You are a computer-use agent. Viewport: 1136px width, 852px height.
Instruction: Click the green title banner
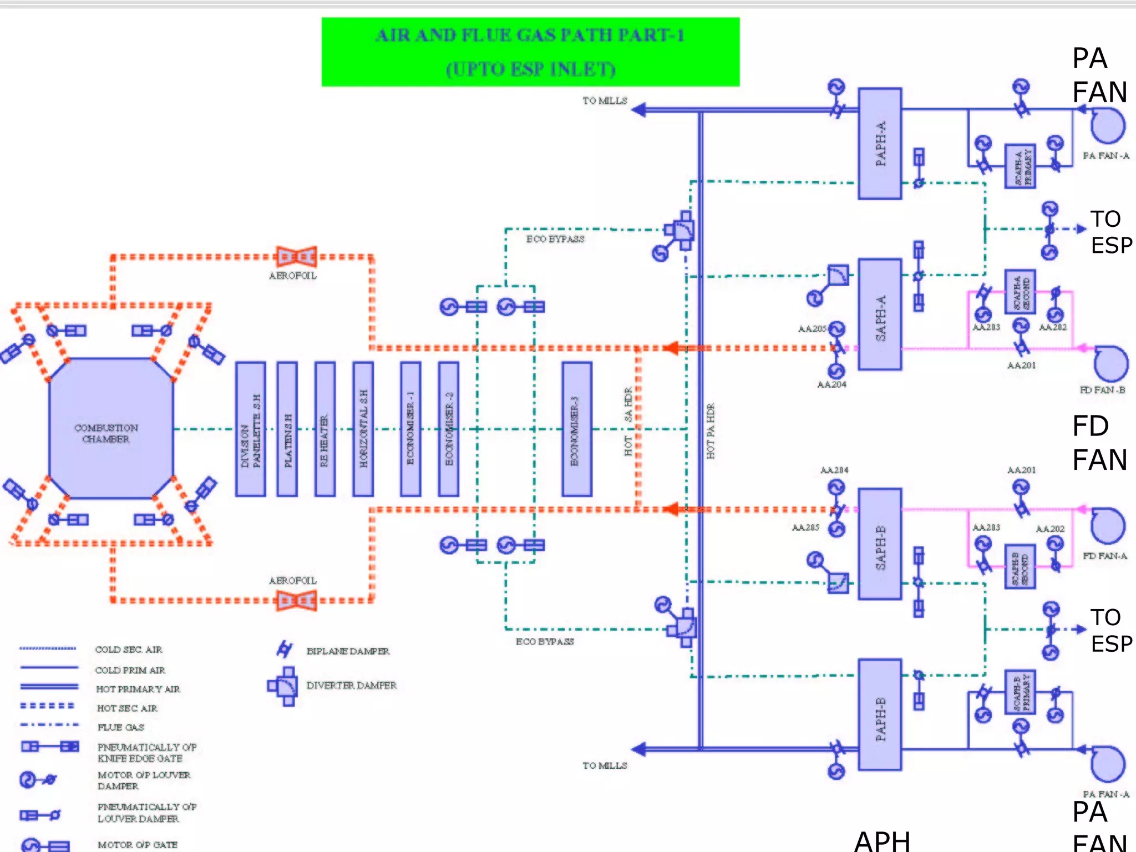coord(530,52)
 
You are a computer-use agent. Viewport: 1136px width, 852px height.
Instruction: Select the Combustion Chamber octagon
coord(111,428)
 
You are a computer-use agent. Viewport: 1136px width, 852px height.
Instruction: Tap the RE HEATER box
coord(324,429)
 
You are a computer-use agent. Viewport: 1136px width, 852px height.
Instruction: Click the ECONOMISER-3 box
coord(576,429)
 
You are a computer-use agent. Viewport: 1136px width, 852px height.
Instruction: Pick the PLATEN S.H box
coord(287,429)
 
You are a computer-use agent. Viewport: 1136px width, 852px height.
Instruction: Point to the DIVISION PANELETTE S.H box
coord(250,429)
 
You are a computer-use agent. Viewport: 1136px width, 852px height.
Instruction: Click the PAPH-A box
coord(880,144)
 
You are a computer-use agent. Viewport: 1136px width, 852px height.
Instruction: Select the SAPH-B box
coord(880,544)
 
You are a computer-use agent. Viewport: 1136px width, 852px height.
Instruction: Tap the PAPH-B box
coord(880,714)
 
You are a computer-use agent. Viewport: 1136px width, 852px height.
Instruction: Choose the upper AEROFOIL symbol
coord(297,257)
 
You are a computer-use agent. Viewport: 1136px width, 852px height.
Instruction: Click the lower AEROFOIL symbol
coord(297,600)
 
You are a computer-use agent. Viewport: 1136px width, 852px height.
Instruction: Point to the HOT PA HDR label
coord(711,431)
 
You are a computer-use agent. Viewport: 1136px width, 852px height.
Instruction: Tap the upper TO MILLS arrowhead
coord(639,110)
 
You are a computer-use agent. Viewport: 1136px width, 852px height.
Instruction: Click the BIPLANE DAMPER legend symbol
coord(285,649)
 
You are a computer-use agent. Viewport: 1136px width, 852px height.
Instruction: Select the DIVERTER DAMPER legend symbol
coord(283,686)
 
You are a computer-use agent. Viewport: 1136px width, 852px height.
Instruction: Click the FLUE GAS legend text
coord(120,727)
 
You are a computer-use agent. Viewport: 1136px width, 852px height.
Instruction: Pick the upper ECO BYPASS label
coord(555,239)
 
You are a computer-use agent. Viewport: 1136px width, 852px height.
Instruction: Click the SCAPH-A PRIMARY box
coord(1020,166)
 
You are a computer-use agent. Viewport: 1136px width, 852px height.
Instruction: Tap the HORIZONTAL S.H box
coord(363,429)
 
